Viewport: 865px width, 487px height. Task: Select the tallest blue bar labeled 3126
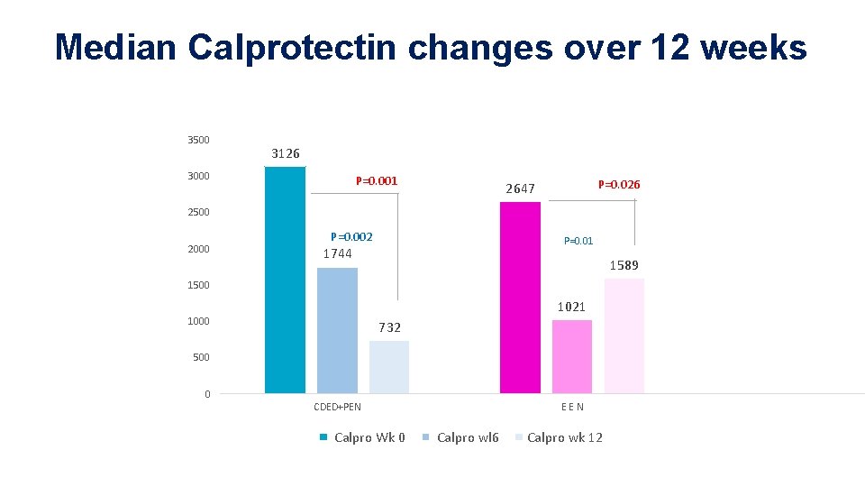(285, 280)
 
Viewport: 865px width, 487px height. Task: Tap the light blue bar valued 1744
(337, 330)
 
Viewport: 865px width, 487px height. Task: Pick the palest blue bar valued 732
(389, 366)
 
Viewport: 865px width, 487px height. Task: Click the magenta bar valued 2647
(520, 298)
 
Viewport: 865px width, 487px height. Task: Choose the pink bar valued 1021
(572, 356)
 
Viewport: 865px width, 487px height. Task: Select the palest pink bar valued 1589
(624, 335)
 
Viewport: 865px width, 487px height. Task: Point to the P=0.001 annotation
(377, 181)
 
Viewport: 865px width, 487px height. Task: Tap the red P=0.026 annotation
(619, 185)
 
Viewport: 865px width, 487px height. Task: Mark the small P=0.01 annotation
(578, 241)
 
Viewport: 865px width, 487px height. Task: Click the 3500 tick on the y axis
(198, 140)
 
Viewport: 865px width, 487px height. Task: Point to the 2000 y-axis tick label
(198, 249)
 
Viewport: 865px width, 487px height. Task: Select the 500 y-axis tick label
(200, 357)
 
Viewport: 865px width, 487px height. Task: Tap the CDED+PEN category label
(337, 407)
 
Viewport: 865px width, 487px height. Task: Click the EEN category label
(572, 407)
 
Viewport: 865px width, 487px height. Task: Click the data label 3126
(286, 153)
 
